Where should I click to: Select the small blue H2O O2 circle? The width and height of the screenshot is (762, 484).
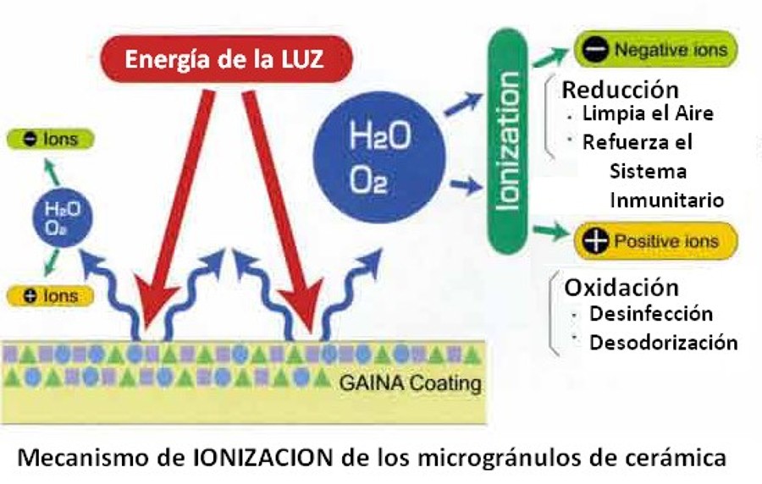pos(58,217)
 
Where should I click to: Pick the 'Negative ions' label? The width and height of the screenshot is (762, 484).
pos(657,50)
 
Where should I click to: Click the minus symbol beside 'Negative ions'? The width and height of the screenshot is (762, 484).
pos(595,50)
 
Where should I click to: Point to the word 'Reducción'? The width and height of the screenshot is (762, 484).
pos(620,90)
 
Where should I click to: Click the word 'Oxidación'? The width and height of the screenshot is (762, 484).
pos(621,287)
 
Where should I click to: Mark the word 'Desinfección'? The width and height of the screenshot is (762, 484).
pos(651,314)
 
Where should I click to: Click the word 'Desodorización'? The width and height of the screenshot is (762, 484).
pos(663,343)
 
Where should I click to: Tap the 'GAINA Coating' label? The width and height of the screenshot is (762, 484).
pos(410,383)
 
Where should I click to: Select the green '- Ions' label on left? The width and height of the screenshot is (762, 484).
pos(51,140)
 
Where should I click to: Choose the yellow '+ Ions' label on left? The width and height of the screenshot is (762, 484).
pos(51,295)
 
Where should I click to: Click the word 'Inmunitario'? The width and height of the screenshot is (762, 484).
pos(666,201)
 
